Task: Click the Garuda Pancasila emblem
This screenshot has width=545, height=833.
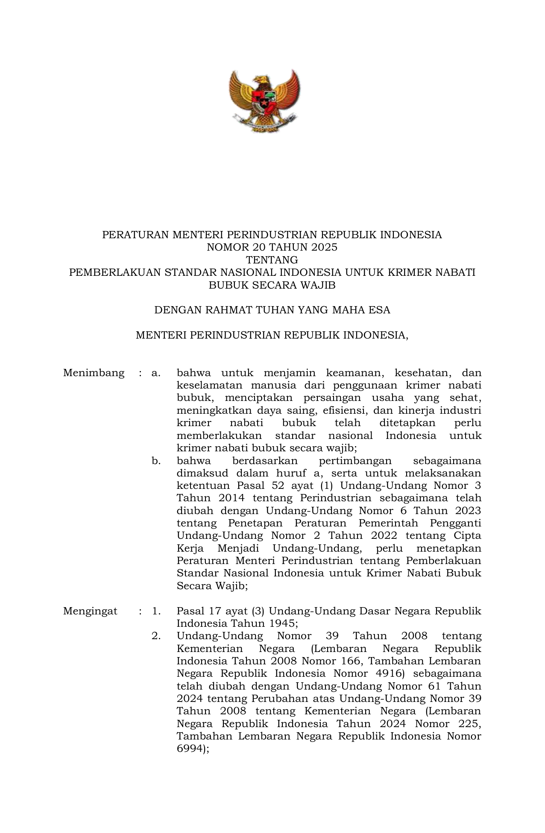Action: click(x=264, y=101)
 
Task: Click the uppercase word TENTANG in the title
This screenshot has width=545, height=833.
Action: click(x=272, y=260)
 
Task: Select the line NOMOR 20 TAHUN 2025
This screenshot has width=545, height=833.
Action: click(x=272, y=247)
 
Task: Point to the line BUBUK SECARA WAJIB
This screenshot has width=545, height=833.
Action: click(x=272, y=285)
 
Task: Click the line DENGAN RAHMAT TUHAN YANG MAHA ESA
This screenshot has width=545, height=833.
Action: click(x=272, y=310)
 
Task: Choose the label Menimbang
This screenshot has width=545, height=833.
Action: click(x=94, y=373)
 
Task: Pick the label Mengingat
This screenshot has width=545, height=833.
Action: click(x=90, y=611)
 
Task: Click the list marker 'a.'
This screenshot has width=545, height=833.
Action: click(x=156, y=373)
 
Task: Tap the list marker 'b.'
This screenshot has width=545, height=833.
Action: click(x=156, y=461)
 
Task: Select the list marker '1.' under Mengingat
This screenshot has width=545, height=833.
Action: click(x=156, y=611)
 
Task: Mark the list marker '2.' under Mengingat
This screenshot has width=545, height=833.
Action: click(x=156, y=636)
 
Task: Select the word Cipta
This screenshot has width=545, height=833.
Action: click(x=467, y=535)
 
